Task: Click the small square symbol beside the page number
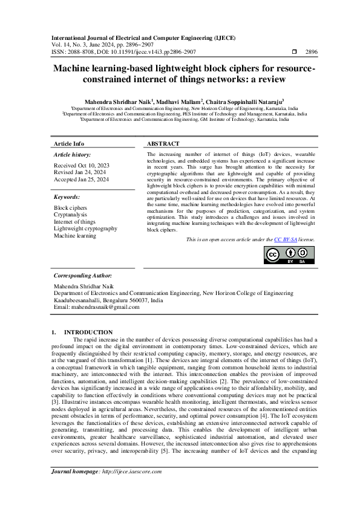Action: pos(294,53)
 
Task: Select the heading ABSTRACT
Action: pos(163,144)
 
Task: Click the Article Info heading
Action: pos(69,144)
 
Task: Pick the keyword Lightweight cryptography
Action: pos(85,229)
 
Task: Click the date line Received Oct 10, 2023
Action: pos(82,165)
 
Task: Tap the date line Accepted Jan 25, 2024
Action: pos(82,179)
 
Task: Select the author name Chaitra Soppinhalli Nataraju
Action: pos(241,102)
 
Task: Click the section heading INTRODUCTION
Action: pos(88,332)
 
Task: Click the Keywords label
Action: pos(67,197)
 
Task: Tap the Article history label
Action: pos(72,155)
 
